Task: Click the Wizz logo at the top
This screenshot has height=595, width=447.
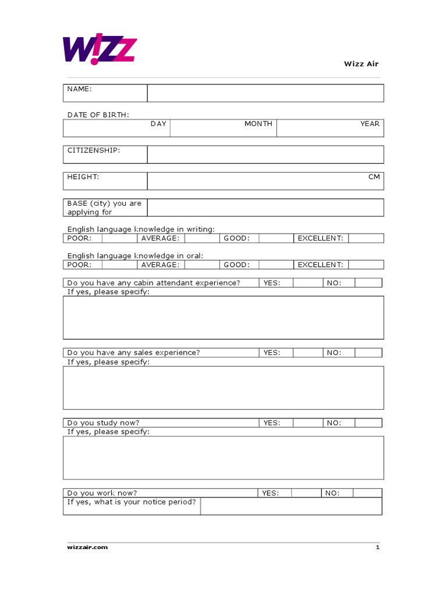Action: pyautogui.click(x=99, y=49)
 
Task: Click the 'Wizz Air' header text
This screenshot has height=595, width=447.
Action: pyautogui.click(x=361, y=64)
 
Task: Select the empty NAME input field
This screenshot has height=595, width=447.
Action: pyautogui.click(x=265, y=93)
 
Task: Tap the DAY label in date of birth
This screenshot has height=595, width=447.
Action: pyautogui.click(x=158, y=124)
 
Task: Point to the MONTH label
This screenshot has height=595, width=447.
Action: pyautogui.click(x=258, y=124)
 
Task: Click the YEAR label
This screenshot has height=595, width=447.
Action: pyautogui.click(x=370, y=124)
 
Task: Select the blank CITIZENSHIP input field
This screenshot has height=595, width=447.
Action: pyautogui.click(x=265, y=155)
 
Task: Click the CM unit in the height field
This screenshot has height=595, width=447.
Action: pyautogui.click(x=374, y=177)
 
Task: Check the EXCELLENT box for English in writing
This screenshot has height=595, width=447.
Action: pyautogui.click(x=366, y=238)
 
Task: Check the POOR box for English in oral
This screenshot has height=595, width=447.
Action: pyautogui.click(x=119, y=265)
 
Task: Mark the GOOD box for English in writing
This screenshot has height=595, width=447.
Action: pyautogui.click(x=275, y=238)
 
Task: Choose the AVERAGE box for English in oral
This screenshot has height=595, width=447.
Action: pyautogui.click(x=201, y=265)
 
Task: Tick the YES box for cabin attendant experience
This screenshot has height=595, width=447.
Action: pyautogui.click(x=308, y=283)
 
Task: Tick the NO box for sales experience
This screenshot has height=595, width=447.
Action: pyautogui.click(x=368, y=353)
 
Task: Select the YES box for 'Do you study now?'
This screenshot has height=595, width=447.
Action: pyautogui.click(x=308, y=423)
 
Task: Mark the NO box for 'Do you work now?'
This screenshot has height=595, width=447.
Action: pyautogui.click(x=367, y=493)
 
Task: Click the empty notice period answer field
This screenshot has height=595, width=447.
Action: pyautogui.click(x=291, y=506)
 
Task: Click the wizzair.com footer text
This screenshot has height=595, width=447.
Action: pyautogui.click(x=87, y=547)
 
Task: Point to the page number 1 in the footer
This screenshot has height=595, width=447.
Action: pyautogui.click(x=377, y=547)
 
